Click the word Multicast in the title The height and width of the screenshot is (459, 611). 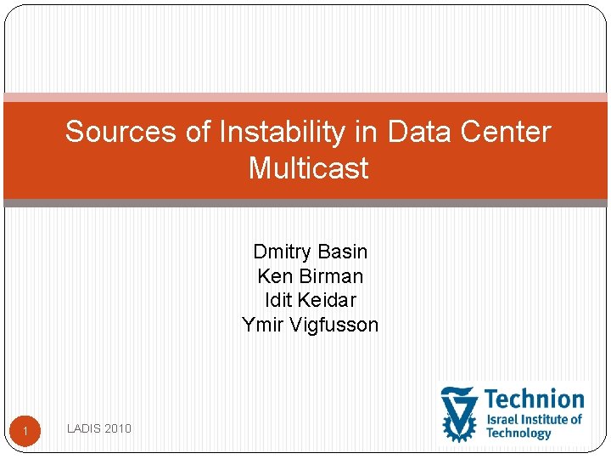pos(309,168)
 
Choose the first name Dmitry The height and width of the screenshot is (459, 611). pos(283,252)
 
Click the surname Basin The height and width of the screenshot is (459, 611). pos(344,252)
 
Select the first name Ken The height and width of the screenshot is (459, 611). pos(272,276)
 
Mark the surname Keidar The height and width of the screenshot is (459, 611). pos(328,300)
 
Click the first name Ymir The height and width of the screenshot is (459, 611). pos(261,325)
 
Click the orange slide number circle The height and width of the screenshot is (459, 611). pos(25,432)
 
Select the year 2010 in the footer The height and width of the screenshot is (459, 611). pos(120,428)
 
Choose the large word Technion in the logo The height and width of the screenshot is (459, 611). pos(535,399)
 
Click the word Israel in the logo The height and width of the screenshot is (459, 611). pos(502,419)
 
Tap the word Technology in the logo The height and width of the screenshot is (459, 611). pos(519,433)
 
